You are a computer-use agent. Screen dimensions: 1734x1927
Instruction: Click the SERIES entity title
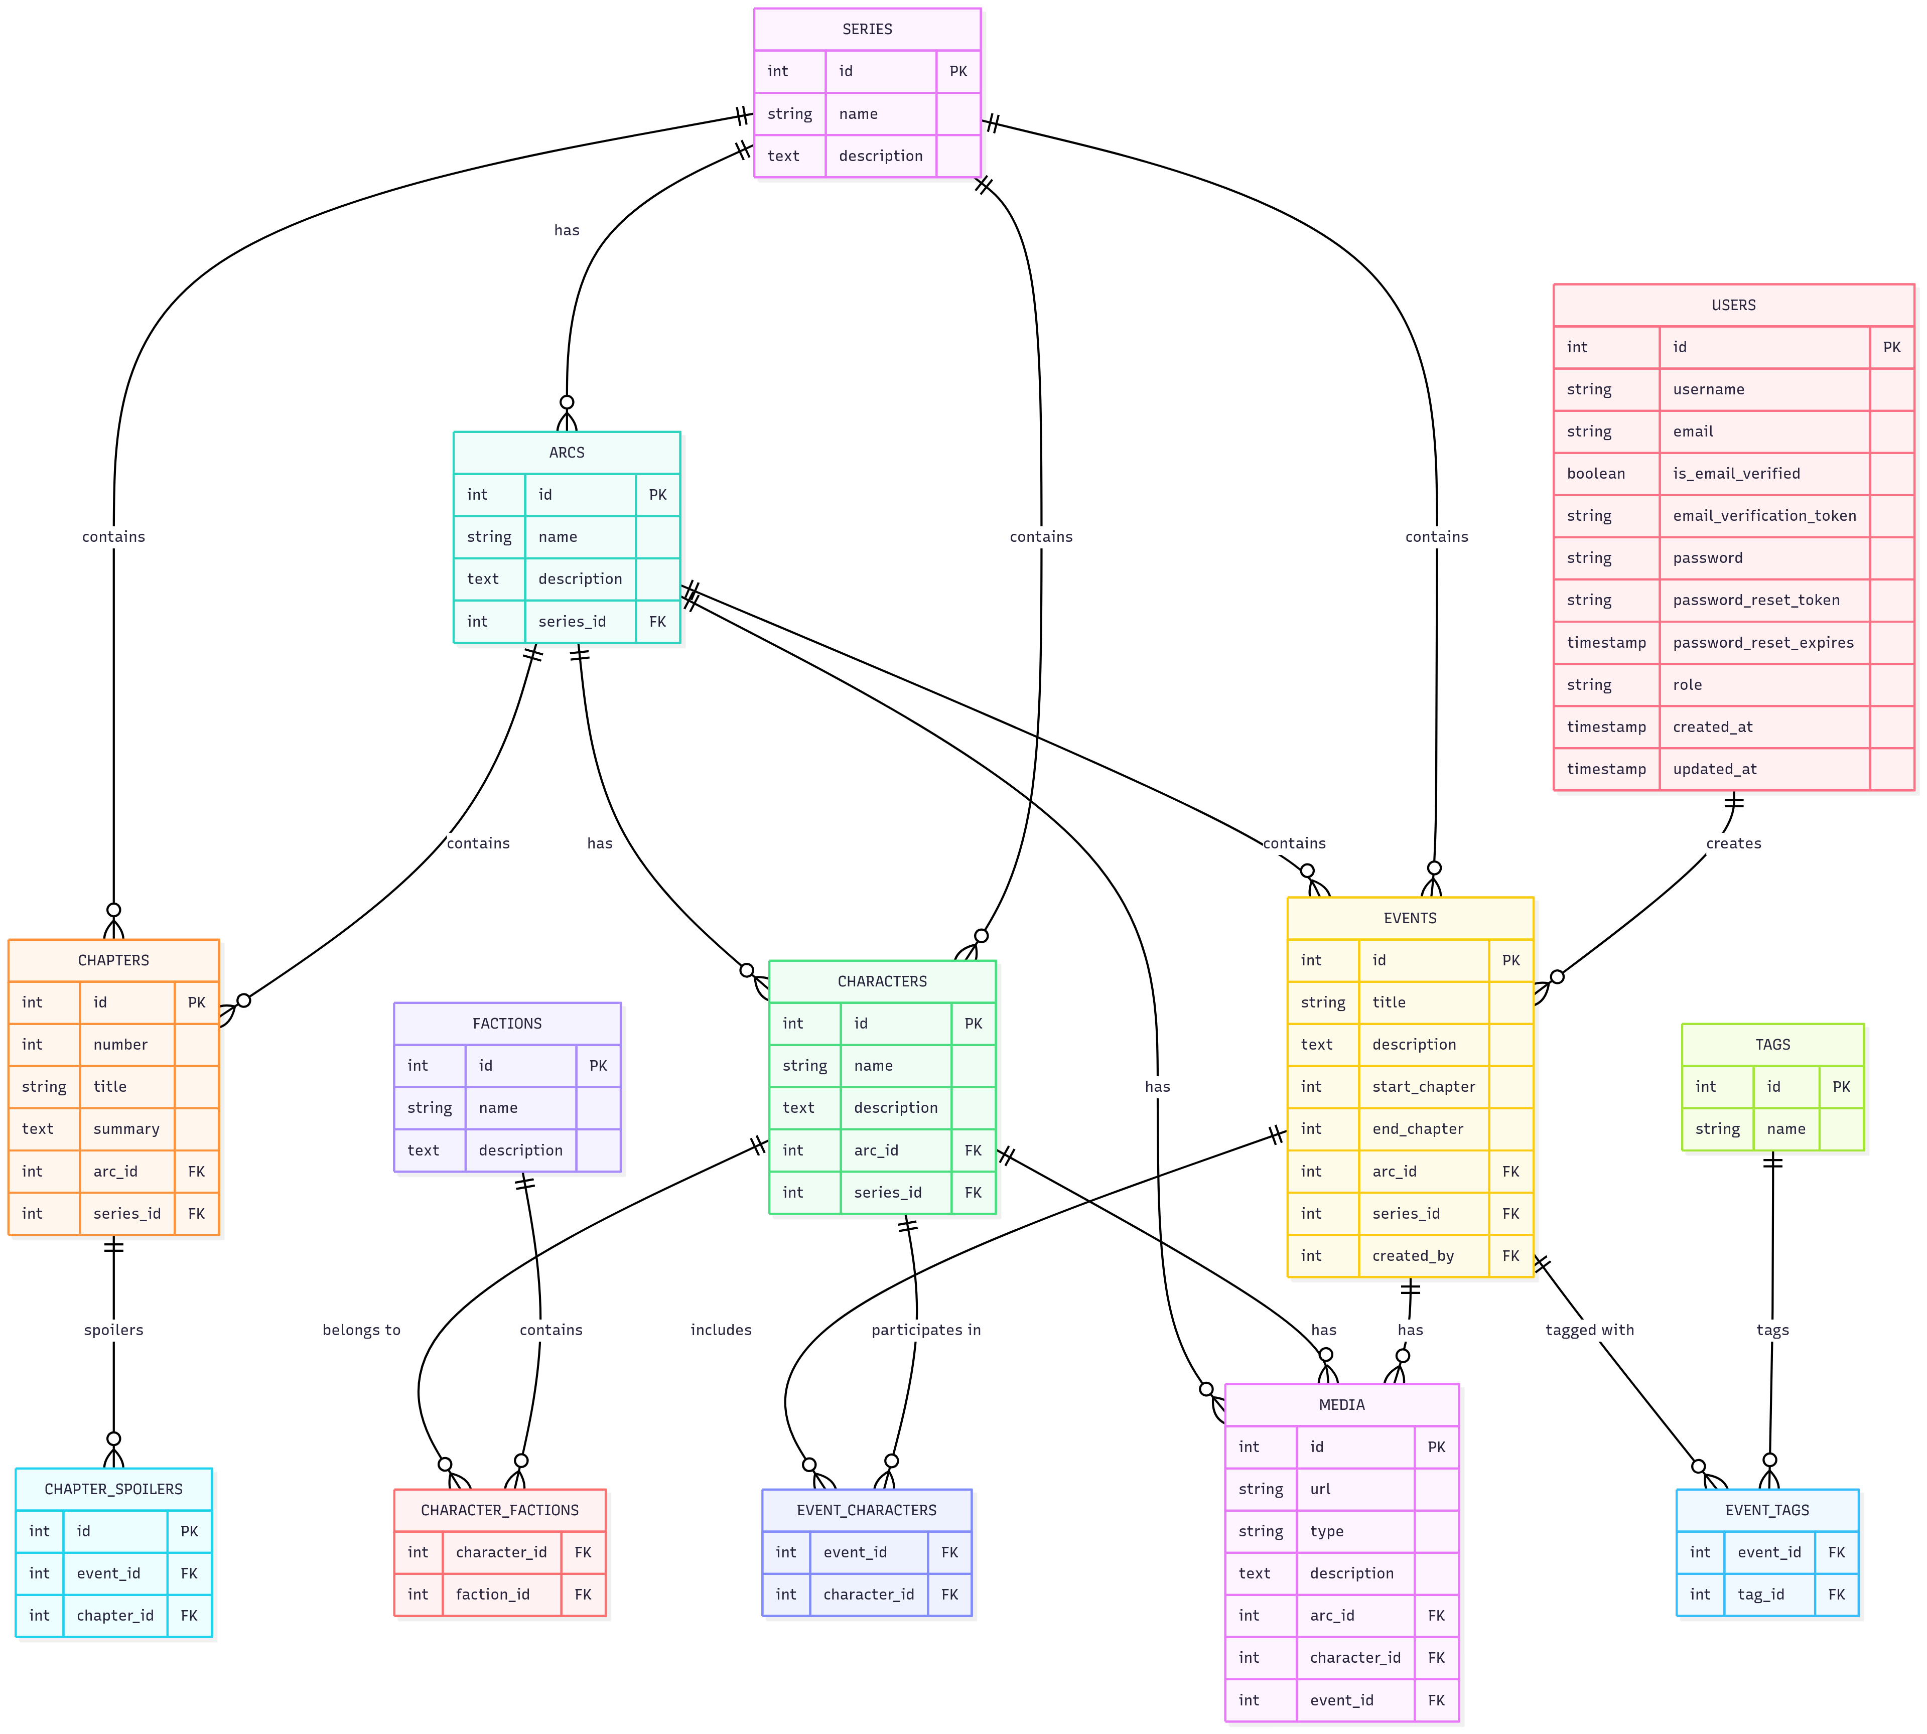click(x=866, y=30)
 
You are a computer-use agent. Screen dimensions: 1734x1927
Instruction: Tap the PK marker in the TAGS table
click(x=1840, y=1086)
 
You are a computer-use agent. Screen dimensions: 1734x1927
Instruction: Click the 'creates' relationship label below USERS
click(x=1733, y=843)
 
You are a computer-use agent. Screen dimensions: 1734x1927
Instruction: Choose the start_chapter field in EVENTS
click(x=1423, y=1086)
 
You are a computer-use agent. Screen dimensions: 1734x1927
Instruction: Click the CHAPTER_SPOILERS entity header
click(x=113, y=1488)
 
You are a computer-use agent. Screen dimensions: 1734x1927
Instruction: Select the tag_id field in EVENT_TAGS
click(x=1760, y=1594)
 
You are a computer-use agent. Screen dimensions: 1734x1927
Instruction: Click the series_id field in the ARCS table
click(x=572, y=621)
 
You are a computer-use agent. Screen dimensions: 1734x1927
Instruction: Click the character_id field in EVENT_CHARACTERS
click(x=868, y=1594)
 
